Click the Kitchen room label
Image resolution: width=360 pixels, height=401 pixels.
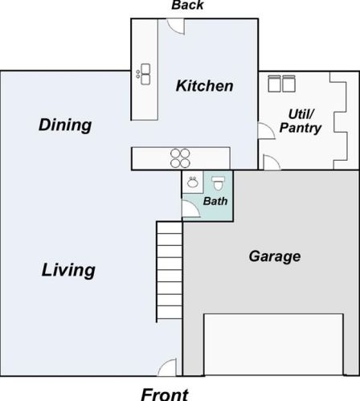204,86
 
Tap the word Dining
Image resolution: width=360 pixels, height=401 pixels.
65,125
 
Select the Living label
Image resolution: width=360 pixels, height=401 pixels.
68,271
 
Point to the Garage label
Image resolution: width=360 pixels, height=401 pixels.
275,257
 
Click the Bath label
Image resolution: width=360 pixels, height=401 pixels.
215,201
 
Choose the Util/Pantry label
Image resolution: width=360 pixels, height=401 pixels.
301,121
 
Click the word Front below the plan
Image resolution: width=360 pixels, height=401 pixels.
165,395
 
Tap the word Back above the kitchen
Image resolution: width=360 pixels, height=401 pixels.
187,5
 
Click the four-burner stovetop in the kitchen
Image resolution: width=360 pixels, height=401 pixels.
180,158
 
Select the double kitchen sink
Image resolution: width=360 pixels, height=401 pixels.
145,74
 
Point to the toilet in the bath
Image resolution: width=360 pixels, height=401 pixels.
218,183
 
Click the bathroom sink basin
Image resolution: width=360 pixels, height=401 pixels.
193,182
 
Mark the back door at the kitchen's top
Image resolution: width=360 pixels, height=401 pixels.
176,27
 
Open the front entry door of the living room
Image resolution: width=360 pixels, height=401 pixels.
167,367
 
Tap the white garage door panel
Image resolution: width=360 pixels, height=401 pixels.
273,345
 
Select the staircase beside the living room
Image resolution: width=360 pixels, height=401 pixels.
170,270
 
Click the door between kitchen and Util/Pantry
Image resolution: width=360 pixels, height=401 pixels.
267,131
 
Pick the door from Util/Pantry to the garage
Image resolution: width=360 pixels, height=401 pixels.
272,162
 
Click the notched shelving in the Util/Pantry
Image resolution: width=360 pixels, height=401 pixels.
340,121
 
